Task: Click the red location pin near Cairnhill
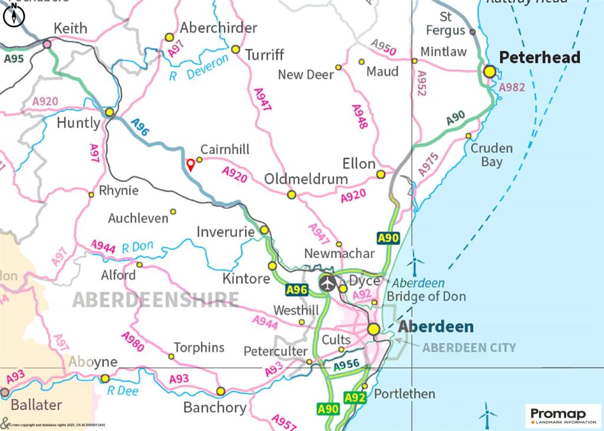191,164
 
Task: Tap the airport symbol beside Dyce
328,282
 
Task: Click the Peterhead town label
540,57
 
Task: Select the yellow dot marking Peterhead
489,71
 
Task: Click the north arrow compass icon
13,15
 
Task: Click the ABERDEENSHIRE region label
156,300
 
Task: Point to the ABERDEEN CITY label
469,348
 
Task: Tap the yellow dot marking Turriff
235,50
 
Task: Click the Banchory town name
215,407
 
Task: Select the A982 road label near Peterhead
511,87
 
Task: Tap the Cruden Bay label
491,154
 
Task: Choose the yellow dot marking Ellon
381,175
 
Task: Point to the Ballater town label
36,405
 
